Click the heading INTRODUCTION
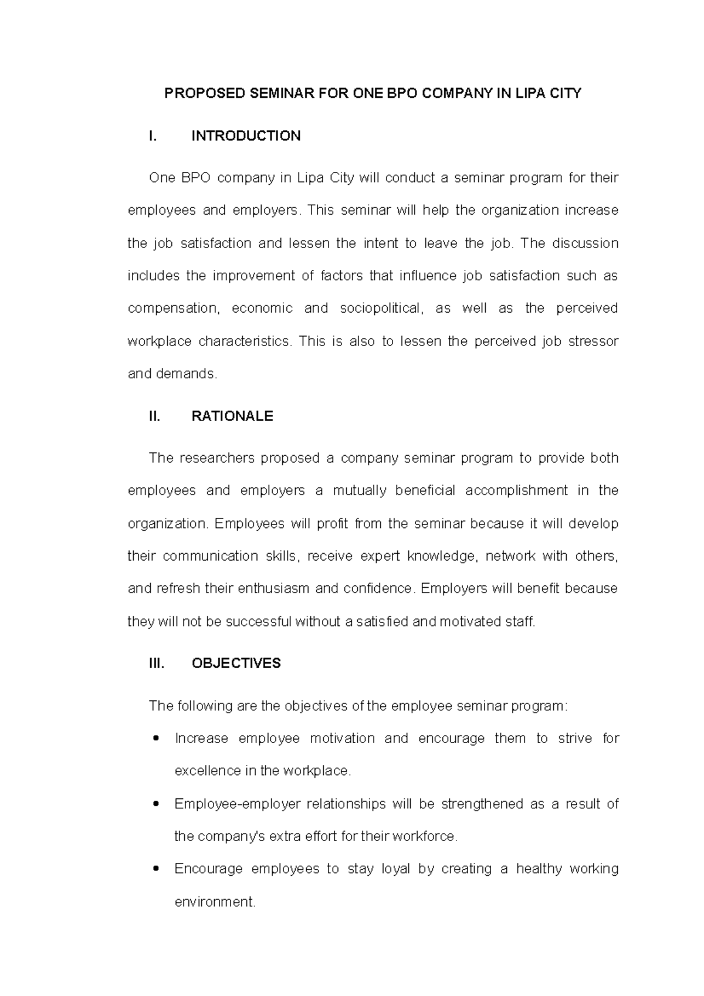pyautogui.click(x=246, y=136)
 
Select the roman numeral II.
pyautogui.click(x=154, y=416)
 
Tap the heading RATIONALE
pyautogui.click(x=232, y=416)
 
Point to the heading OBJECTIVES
pyautogui.click(x=236, y=663)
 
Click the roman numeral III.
pyautogui.click(x=156, y=663)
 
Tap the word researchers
pyautogui.click(x=214, y=458)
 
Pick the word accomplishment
pyautogui.click(x=516, y=491)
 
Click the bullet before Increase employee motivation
pyautogui.click(x=155, y=738)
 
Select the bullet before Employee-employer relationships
pyautogui.click(x=155, y=804)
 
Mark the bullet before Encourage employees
pyautogui.click(x=155, y=869)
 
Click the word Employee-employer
pyautogui.click(x=237, y=804)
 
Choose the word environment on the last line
pyautogui.click(x=215, y=902)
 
